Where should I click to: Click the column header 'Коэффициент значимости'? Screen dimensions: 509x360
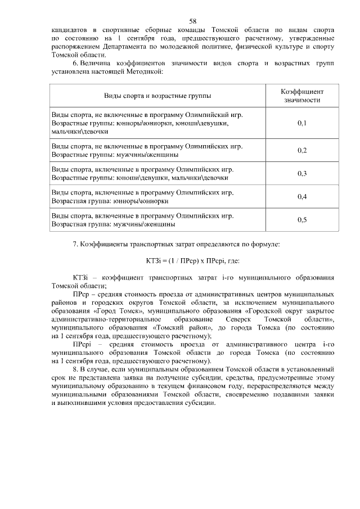click(x=302, y=95)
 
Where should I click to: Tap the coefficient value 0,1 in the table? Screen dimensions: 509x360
click(x=302, y=123)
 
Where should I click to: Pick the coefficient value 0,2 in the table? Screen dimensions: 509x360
click(x=302, y=150)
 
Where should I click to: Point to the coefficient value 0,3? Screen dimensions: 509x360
click(x=302, y=173)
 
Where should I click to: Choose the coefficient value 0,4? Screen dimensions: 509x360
click(x=302, y=196)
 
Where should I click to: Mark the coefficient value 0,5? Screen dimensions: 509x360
click(x=302, y=219)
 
